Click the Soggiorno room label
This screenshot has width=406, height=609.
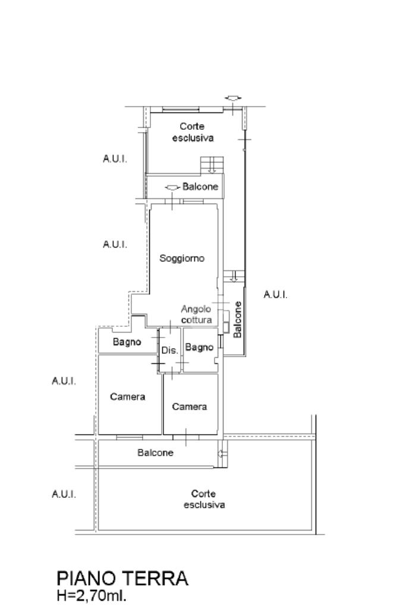(182, 258)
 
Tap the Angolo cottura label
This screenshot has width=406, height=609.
(197, 314)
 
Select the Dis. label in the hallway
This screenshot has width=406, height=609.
(169, 351)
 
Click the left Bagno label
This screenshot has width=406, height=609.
(127, 342)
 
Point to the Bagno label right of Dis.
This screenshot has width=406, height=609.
(199, 347)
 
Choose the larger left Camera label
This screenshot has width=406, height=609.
(128, 396)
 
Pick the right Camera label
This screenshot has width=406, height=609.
(190, 407)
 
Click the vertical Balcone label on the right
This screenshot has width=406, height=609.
(238, 320)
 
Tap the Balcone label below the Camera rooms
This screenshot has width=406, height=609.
(156, 452)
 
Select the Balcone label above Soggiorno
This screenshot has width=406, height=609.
(200, 187)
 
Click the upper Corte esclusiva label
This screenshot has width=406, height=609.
(193, 132)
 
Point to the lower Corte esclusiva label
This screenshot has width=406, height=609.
(204, 499)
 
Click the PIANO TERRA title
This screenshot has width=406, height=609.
(122, 578)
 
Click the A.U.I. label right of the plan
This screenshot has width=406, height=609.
(275, 295)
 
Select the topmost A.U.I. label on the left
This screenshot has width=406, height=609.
(115, 159)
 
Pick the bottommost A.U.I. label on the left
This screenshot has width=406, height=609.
(64, 494)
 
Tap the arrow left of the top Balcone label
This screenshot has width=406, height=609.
(172, 187)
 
